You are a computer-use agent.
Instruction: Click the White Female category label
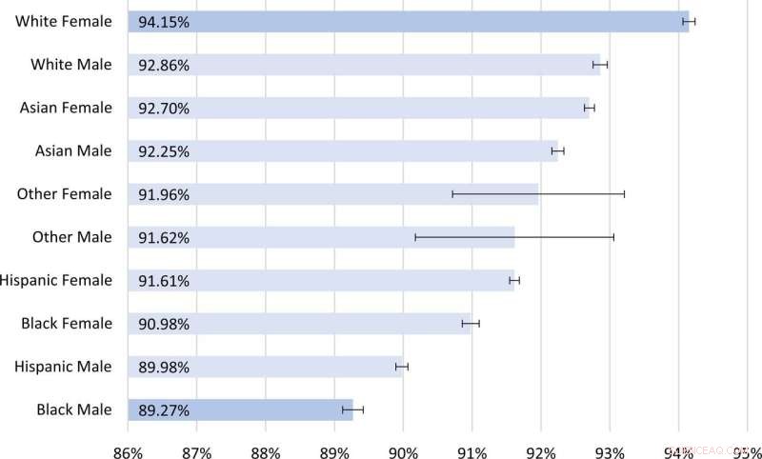coord(63,21)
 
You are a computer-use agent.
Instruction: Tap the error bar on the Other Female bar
coord(538,193)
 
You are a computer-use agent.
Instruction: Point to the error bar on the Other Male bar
coord(514,236)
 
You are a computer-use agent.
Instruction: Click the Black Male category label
coord(74,409)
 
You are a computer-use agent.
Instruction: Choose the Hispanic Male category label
coord(65,367)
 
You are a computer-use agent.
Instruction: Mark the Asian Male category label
coord(73,150)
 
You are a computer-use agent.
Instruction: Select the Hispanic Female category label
coord(56,280)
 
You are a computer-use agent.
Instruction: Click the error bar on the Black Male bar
coord(352,409)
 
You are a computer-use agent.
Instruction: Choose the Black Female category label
coord(67,324)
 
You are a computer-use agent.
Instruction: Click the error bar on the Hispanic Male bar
coord(402,366)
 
